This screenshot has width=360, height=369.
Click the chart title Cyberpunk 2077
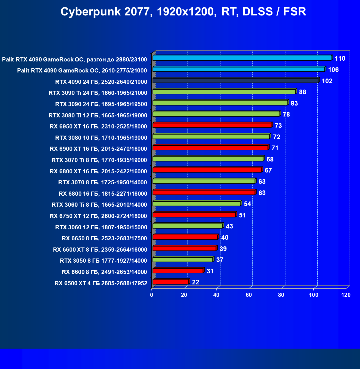coord(183,12)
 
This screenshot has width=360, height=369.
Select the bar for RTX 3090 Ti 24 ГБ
coord(224,92)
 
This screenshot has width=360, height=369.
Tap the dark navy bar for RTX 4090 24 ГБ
coord(235,80)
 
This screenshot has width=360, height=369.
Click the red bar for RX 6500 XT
coord(170,282)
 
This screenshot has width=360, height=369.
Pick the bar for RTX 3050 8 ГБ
coord(182,260)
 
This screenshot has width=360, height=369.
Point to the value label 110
coord(340,58)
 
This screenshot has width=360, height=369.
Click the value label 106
coord(333,70)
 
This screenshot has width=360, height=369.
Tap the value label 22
coord(195,282)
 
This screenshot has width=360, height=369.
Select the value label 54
coord(247,204)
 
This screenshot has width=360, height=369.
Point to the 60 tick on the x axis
coord(249,295)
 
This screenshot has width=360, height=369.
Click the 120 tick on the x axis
coord(346,295)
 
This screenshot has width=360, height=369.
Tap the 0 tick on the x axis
coord(152,295)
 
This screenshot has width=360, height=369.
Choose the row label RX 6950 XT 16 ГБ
coord(98,126)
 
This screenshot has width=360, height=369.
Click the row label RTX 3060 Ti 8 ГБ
coord(99,205)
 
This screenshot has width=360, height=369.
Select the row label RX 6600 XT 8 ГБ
coord(100,250)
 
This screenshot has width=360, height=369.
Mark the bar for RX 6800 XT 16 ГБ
coord(207,170)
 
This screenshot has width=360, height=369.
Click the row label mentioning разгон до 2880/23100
coord(74,60)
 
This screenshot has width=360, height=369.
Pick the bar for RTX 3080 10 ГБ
coord(211,136)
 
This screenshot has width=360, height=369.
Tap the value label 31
coord(210,271)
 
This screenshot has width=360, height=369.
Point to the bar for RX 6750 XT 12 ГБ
coord(194,215)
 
